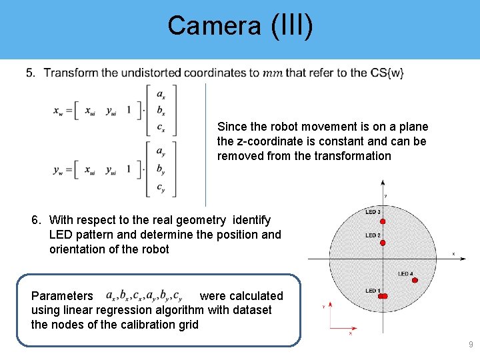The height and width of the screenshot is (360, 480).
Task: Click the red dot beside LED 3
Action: (383, 220)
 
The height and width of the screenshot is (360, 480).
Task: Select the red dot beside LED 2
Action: (383, 243)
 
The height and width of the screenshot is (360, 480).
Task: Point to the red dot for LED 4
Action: (415, 281)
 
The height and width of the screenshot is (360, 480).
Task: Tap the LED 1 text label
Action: (372, 291)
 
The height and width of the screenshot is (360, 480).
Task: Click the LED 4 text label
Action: (405, 273)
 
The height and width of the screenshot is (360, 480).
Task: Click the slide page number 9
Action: (471, 345)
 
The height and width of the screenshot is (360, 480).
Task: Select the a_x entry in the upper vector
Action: (161, 95)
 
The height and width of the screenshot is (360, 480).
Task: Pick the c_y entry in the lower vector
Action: (161, 187)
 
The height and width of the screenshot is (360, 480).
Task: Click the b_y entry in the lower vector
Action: (161, 170)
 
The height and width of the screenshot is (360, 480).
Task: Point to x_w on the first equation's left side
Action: (59, 111)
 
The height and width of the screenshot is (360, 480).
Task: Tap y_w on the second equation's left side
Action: (59, 169)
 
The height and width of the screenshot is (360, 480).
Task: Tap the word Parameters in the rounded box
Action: (62, 296)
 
